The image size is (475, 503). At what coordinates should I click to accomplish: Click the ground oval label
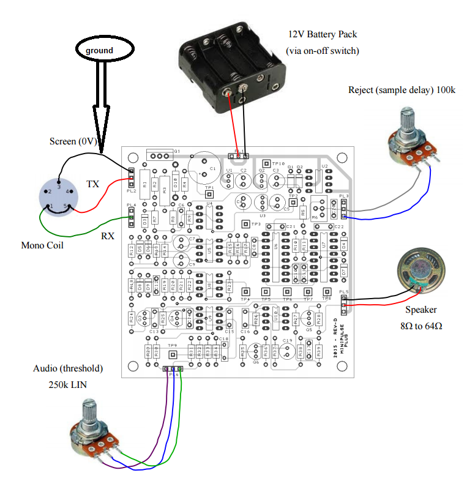99,50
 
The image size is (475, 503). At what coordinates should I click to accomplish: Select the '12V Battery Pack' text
323,34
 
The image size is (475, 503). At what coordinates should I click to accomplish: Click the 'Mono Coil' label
41,245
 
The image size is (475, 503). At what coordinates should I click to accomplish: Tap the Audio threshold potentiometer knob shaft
89,417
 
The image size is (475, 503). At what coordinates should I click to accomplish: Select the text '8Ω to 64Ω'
422,326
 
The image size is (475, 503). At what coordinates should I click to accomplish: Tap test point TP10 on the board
266,163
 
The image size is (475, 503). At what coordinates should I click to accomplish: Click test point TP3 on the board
247,224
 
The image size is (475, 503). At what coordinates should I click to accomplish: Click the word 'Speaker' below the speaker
421,310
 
